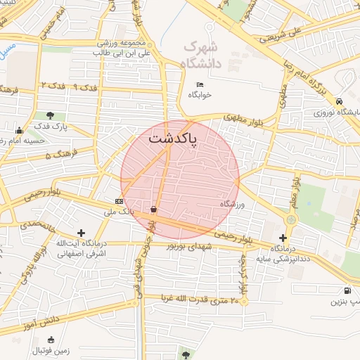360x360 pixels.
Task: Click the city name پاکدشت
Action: coord(173,139)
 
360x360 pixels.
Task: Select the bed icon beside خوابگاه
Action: coord(200,85)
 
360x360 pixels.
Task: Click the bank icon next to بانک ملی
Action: coord(118,201)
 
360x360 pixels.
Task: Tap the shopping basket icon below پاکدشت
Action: coord(153,209)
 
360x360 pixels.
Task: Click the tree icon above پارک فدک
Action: coord(50,116)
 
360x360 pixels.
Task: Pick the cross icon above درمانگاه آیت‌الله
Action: coord(82,232)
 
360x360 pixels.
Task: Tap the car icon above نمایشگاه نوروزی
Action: coord(340,101)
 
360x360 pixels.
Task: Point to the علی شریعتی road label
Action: coord(266,32)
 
